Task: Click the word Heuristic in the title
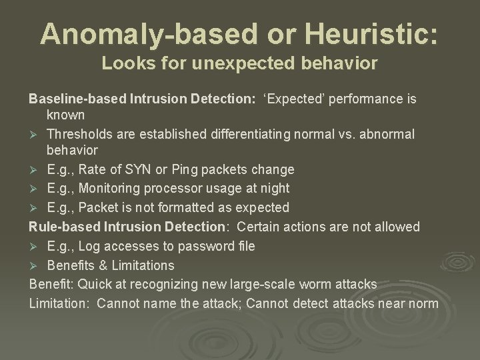pyautogui.click(x=373, y=33)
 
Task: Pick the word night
pyautogui.click(x=273, y=188)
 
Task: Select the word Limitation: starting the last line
pyautogui.click(x=59, y=304)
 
